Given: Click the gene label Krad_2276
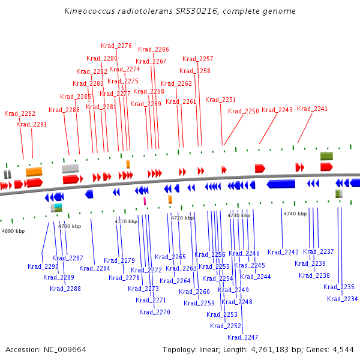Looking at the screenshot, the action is tap(116, 46).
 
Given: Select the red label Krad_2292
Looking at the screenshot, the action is tap(20, 113).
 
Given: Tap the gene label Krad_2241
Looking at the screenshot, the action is tap(312, 109).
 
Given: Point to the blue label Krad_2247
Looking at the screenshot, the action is tap(242, 337).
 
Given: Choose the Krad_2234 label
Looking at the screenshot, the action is tap(343, 299).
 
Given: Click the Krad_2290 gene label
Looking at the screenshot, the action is tap(43, 266).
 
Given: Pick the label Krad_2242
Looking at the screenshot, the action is tap(283, 252).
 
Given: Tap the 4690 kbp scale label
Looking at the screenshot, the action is tap(13, 231).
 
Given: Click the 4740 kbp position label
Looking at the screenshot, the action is tap(295, 214).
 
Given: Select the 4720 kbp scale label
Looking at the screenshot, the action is tap(182, 218).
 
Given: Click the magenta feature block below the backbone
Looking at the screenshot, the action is tap(145, 201).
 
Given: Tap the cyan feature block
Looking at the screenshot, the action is tap(58, 205).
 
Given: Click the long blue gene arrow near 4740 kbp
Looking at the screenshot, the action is tap(281, 184).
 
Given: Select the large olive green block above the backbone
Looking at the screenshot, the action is tap(326, 156).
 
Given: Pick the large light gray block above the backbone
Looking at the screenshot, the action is tap(70, 169).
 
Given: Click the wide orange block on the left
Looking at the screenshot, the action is tap(34, 172).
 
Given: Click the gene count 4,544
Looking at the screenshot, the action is tap(343, 350).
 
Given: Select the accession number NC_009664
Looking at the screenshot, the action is tap(65, 350).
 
